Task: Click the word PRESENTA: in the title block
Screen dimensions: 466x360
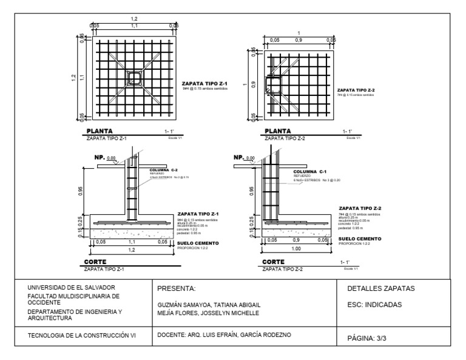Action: click(175, 288)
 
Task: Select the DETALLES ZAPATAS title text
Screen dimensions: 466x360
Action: click(380, 288)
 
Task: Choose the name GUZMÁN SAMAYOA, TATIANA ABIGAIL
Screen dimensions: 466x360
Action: click(208, 305)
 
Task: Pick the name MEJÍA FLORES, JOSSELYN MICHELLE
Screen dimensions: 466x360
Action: click(208, 313)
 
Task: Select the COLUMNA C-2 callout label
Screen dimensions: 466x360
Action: click(163, 171)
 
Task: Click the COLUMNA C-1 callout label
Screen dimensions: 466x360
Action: click(308, 172)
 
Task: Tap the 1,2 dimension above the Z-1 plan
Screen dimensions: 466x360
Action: click(134, 19)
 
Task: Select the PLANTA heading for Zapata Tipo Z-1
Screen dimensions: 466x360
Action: click(99, 131)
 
